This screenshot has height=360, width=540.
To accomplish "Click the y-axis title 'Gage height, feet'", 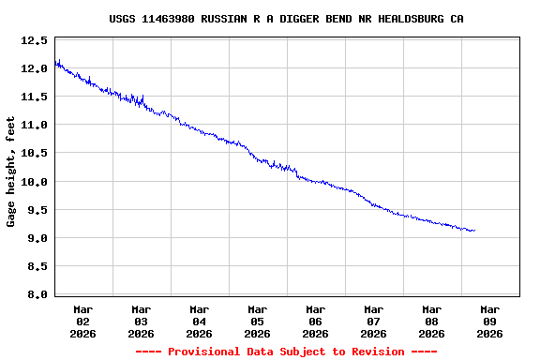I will coord(12,172).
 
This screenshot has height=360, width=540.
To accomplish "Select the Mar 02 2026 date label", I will coord(83,321).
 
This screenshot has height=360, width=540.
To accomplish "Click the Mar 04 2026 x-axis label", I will coord(200,321).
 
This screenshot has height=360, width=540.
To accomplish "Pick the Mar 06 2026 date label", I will coord(316,321).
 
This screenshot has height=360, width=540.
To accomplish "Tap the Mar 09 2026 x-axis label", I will coord(490,321).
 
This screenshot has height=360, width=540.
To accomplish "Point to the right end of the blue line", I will coord(474,230).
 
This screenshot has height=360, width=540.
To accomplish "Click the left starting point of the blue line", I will coord(55,63).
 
